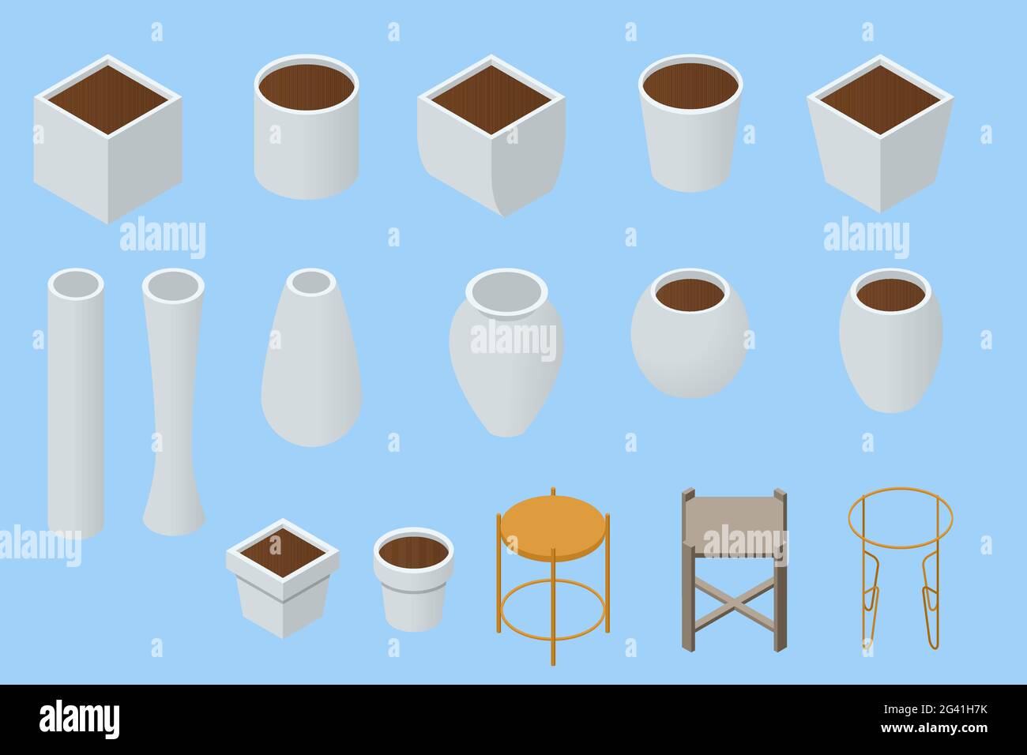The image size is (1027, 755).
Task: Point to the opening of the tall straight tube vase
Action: click(x=76, y=282)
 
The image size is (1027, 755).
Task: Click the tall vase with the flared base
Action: click(x=173, y=411)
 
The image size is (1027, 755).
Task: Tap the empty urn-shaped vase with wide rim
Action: click(x=506, y=363)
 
